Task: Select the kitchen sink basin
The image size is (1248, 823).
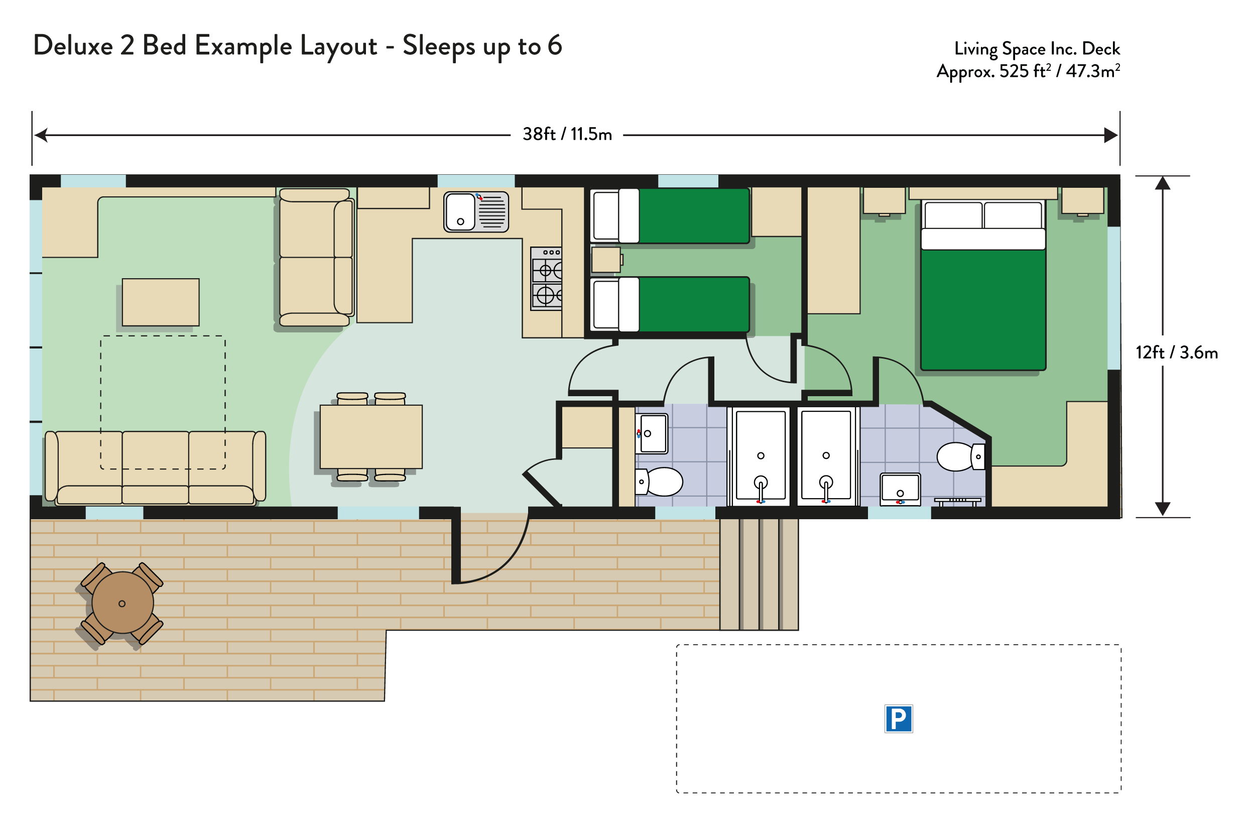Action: [x=460, y=211]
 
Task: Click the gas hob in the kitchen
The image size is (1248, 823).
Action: [x=546, y=278]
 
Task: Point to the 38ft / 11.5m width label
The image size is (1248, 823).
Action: [x=567, y=135]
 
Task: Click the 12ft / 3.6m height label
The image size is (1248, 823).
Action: [x=1177, y=352]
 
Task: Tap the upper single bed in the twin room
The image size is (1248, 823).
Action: [x=670, y=216]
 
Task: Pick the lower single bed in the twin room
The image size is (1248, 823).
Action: [x=670, y=304]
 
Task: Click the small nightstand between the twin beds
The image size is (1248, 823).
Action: [x=606, y=260]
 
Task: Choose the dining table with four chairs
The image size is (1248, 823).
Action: [x=371, y=437]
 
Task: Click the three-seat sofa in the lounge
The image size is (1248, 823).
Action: [x=155, y=467]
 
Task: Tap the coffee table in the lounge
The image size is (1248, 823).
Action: [x=161, y=302]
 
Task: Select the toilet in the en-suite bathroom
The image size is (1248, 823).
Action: [x=960, y=456]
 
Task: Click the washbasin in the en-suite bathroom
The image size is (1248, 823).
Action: [x=900, y=489]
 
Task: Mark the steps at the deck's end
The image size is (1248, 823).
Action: [x=759, y=574]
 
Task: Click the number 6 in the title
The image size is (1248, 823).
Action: [x=555, y=45]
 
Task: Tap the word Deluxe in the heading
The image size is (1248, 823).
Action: [x=73, y=45]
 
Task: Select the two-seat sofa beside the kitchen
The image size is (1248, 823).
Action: [x=316, y=258]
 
